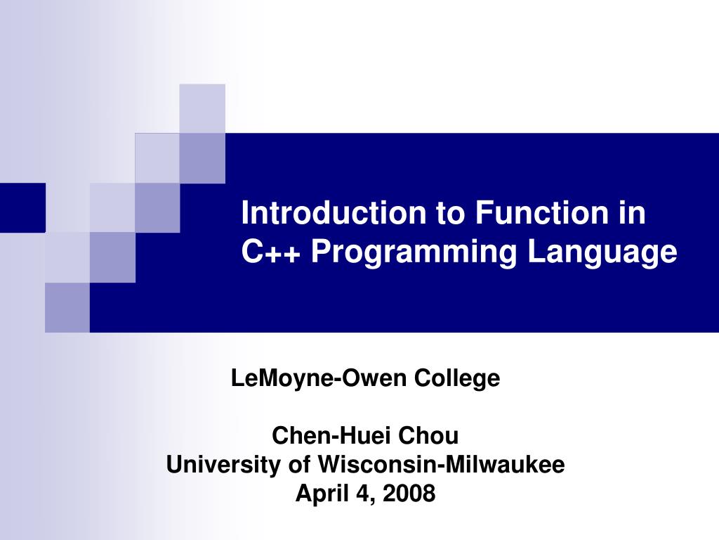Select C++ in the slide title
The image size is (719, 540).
(271, 252)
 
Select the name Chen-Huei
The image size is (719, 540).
(332, 436)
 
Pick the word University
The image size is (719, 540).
(223, 465)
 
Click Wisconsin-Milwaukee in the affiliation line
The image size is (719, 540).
(442, 465)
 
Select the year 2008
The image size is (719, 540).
(410, 494)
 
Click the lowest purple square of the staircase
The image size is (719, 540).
(67, 307)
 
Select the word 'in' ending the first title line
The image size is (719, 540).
(631, 212)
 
